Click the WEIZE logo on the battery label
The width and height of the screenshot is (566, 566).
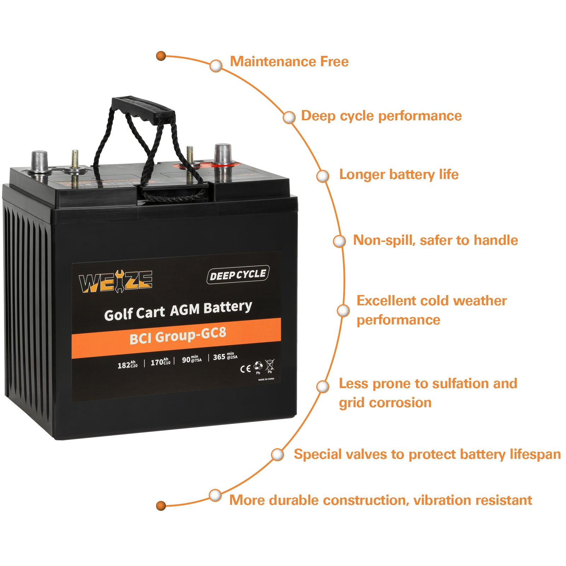point(116,282)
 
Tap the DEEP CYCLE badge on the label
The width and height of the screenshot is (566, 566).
point(238,275)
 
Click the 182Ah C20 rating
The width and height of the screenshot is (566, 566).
point(127,364)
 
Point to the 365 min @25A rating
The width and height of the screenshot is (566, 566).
point(225,357)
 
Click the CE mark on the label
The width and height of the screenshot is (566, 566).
point(245,369)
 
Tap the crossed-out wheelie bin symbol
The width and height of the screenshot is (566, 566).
point(270,365)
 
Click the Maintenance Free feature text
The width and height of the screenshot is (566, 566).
point(289,62)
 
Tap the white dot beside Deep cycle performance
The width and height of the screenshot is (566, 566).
point(289,117)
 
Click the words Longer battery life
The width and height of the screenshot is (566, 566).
point(399,174)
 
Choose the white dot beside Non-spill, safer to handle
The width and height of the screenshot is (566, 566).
point(339,241)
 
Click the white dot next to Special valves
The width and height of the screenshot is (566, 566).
point(278,455)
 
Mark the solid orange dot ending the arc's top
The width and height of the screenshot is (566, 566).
point(161,56)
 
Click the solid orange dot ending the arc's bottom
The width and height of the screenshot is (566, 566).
point(161,506)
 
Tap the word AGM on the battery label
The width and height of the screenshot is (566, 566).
point(185,310)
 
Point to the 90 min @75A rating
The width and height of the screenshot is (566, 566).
point(191,359)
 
